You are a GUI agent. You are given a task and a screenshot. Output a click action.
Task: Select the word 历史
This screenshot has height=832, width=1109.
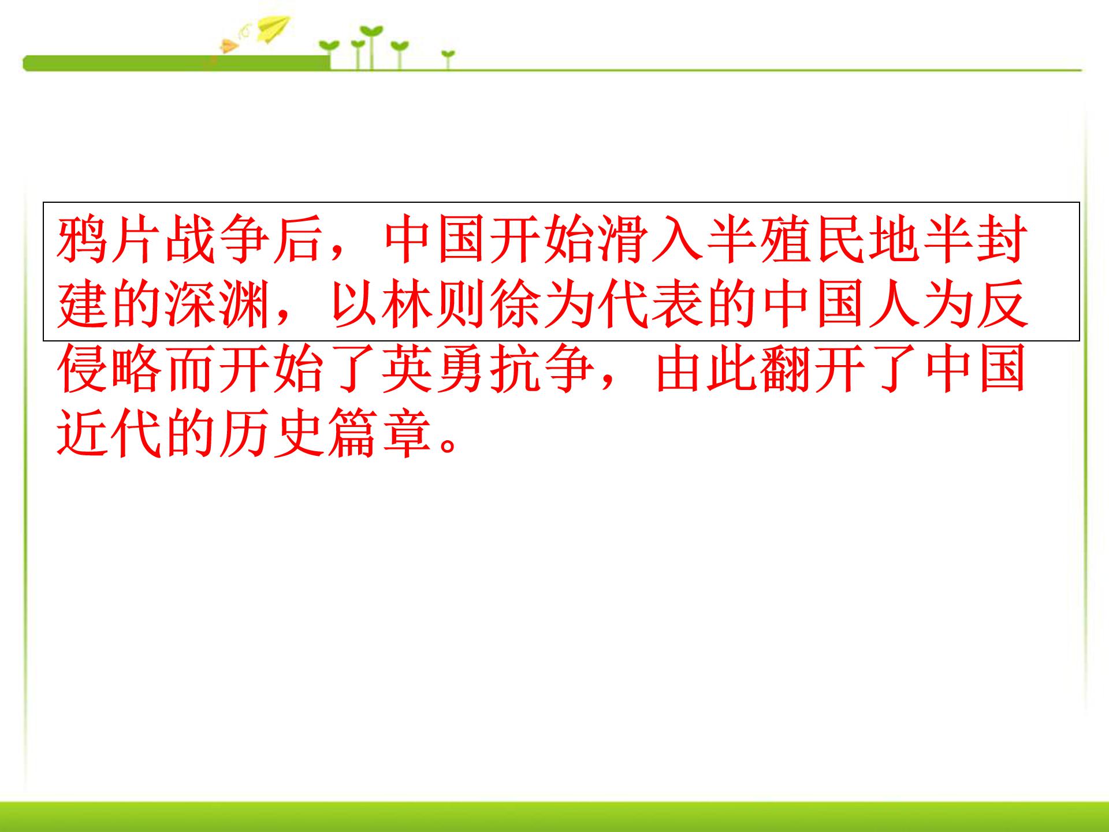273,434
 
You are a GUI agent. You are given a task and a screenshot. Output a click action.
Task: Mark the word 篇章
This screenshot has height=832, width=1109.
380,434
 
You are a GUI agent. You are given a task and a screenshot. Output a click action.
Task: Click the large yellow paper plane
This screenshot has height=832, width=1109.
274,29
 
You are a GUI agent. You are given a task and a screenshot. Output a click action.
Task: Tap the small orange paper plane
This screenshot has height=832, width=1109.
229,46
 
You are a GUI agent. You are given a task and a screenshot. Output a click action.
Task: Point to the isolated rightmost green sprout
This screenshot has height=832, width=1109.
448,58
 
